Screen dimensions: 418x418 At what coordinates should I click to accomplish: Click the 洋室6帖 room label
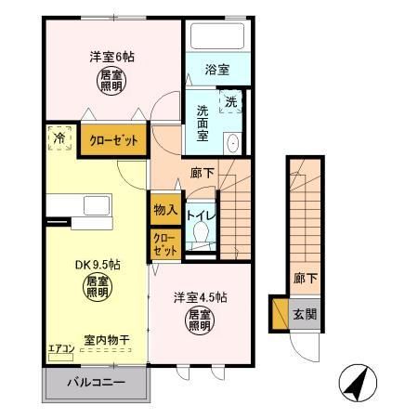tap(111, 57)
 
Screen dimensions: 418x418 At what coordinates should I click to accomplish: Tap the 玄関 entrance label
tap(304, 312)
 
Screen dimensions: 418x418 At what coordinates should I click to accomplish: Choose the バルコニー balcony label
tap(96, 383)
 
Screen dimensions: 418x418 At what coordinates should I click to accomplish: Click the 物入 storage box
tap(165, 210)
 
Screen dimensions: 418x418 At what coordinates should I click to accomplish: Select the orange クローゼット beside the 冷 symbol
tap(113, 140)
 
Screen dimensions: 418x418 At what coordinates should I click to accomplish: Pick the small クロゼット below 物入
tap(164, 244)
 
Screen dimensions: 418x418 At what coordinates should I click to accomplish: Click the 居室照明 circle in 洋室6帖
tap(111, 80)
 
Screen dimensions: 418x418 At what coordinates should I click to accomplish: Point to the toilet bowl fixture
tap(198, 236)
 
